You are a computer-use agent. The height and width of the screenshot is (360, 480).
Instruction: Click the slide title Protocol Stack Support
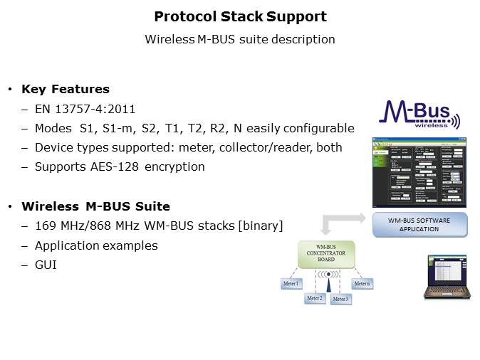point(240,16)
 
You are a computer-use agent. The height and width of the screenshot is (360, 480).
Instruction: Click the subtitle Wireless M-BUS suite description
point(240,39)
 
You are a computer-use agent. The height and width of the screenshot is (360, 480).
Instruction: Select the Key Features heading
point(66,90)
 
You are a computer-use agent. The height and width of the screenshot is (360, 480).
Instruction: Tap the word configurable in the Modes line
point(318,128)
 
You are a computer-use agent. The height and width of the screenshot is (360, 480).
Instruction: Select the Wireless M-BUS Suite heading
point(95,207)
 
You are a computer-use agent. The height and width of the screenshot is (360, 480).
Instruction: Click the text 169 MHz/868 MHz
point(80,226)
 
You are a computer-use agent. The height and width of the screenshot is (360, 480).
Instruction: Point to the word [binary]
point(260,226)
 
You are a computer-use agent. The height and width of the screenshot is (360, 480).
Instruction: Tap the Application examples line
point(97,245)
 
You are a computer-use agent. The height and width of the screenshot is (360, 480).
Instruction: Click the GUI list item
point(47,265)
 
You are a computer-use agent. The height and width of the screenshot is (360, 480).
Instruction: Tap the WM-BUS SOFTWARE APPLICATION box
point(420,225)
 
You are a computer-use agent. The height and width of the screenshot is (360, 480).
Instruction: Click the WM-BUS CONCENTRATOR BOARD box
point(327,254)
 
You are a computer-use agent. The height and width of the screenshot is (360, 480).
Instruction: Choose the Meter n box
point(362,284)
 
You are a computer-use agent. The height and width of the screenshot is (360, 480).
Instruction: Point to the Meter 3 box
point(340,299)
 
